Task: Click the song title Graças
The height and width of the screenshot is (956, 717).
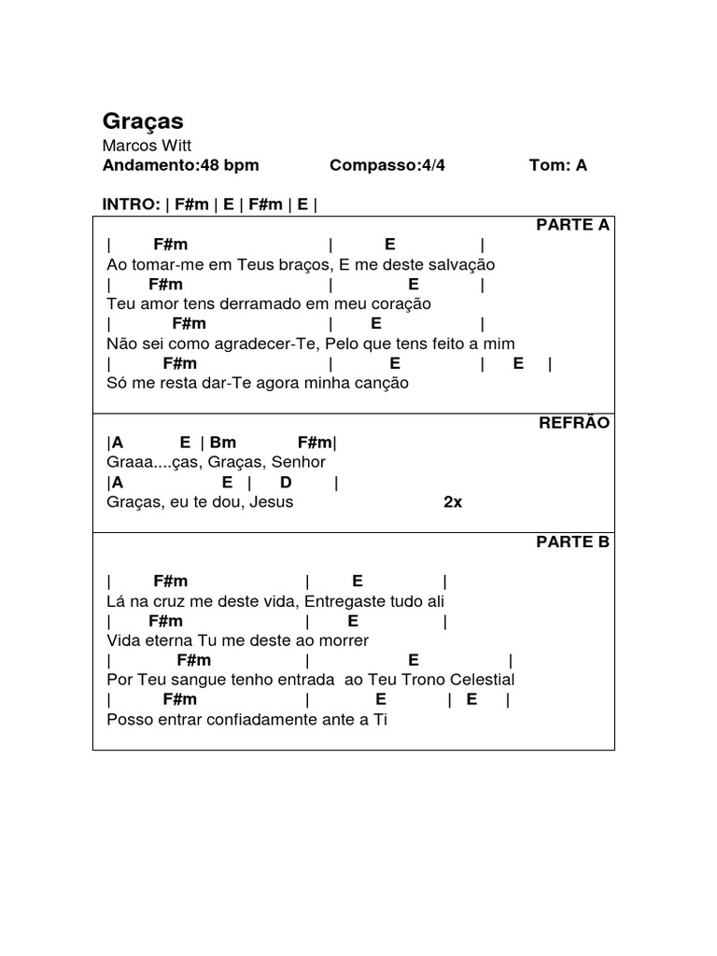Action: click(143, 121)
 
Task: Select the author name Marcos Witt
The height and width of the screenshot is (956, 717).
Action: click(148, 146)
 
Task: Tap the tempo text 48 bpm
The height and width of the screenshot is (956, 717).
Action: click(229, 165)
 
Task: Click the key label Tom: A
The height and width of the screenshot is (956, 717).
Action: click(558, 165)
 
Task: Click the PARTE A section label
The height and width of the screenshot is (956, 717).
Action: click(572, 225)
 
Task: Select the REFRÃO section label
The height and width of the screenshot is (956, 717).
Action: click(574, 423)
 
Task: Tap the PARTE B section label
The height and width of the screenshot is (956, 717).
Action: click(572, 542)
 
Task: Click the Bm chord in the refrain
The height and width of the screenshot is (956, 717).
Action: click(223, 443)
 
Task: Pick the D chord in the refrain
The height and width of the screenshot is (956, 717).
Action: click(286, 483)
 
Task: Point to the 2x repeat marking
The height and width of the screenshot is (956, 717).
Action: click(453, 502)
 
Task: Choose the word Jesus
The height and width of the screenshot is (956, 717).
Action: click(272, 502)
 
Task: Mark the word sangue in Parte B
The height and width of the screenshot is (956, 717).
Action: click(192, 680)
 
